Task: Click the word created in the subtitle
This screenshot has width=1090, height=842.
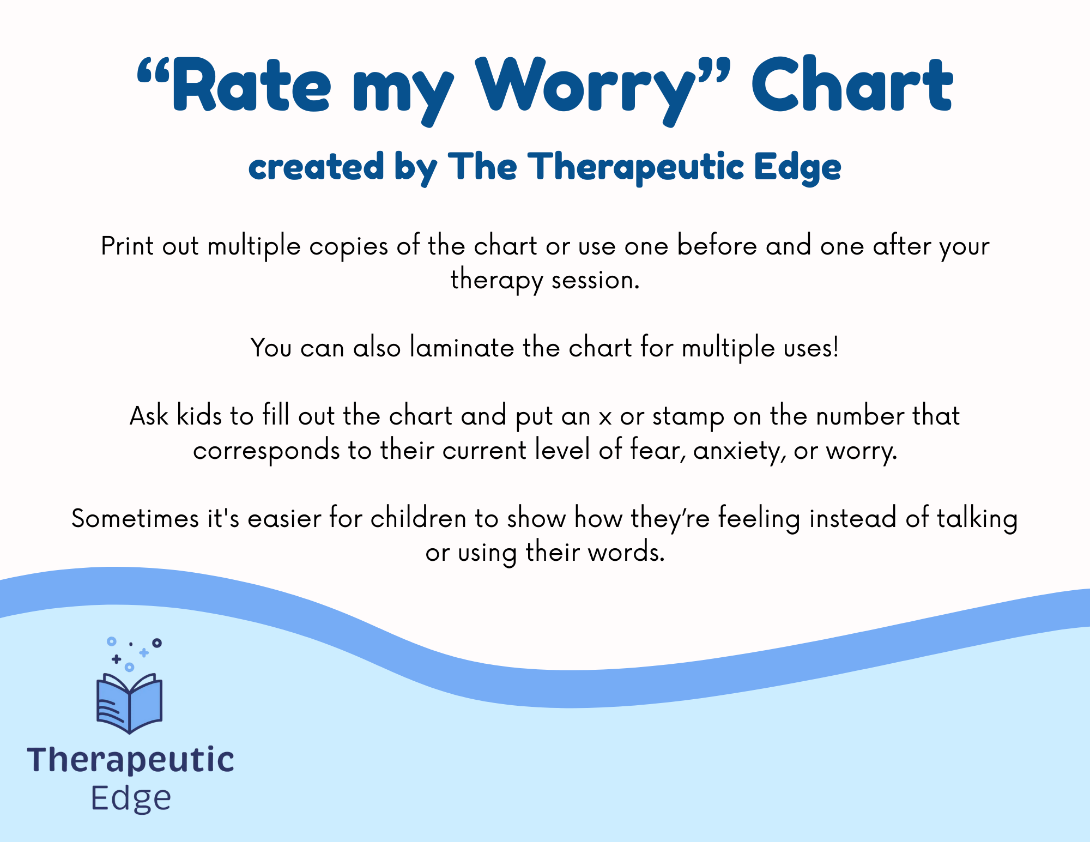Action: click(x=316, y=167)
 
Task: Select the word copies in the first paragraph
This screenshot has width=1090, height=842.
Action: click(x=349, y=247)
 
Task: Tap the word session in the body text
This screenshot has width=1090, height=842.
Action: click(x=595, y=281)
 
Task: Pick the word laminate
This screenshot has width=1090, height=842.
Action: click(x=462, y=348)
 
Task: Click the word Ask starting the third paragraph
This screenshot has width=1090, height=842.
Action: click(x=149, y=416)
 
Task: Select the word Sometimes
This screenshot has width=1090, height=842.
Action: click(x=135, y=518)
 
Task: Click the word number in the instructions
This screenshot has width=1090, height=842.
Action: click(x=859, y=416)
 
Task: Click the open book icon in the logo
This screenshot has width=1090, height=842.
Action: click(x=130, y=703)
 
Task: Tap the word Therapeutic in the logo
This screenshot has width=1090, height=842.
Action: click(x=131, y=761)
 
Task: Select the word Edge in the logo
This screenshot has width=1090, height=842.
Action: click(x=131, y=799)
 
